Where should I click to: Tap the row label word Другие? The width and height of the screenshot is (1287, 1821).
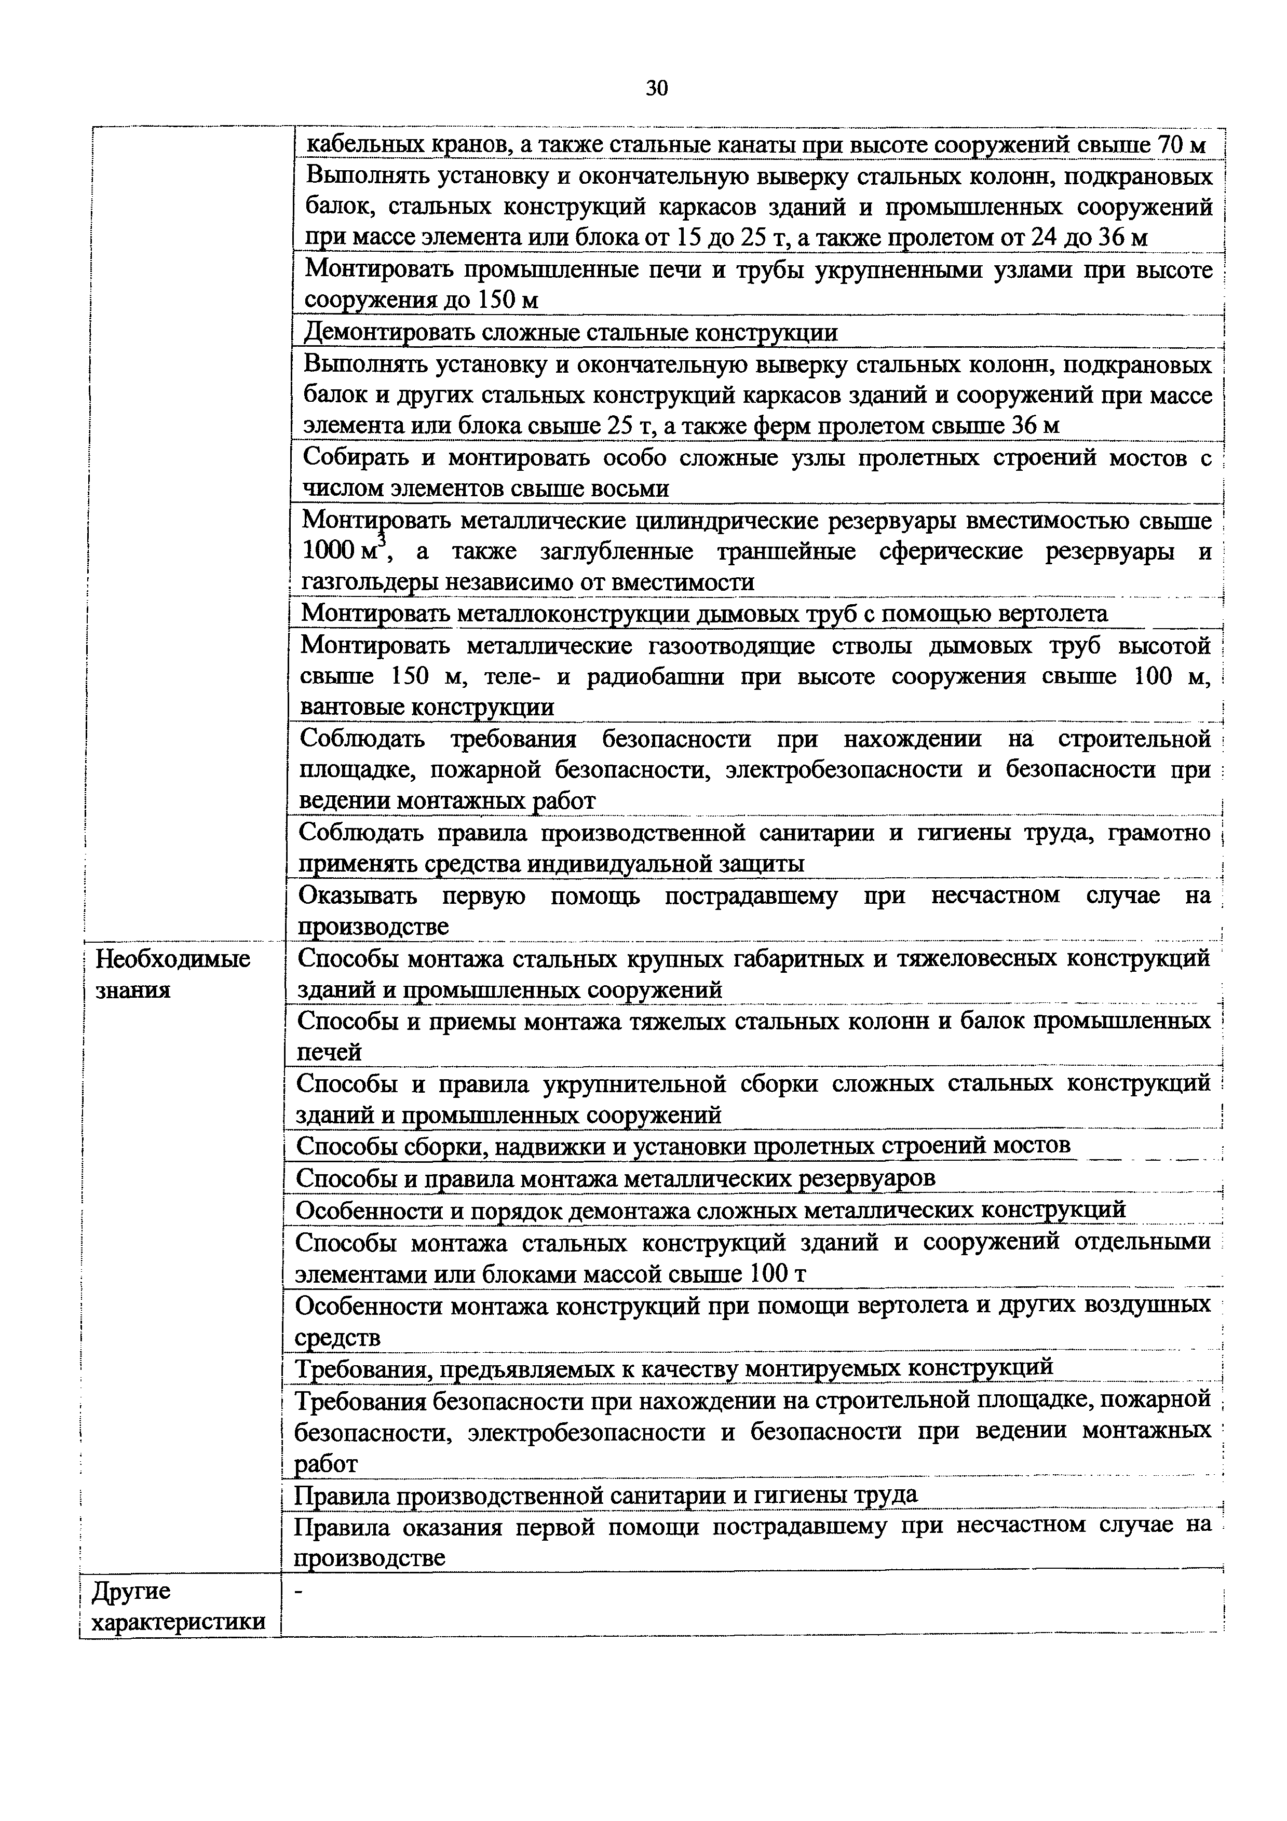[131, 1591]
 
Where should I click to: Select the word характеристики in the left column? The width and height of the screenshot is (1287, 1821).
[179, 1622]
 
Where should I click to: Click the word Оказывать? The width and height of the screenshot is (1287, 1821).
[357, 895]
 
